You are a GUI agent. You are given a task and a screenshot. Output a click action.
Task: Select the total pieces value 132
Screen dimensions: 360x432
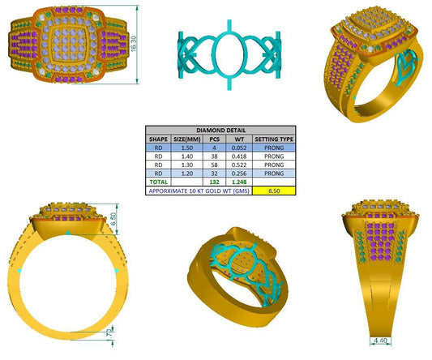click(215, 182)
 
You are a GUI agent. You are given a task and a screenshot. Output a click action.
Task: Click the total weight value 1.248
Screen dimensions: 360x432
click(239, 182)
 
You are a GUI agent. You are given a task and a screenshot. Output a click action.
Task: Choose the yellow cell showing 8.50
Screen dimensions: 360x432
click(274, 192)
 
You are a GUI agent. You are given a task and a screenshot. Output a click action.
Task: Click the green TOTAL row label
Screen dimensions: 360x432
click(158, 182)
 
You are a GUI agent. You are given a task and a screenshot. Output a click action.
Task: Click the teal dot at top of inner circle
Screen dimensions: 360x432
click(67, 233)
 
